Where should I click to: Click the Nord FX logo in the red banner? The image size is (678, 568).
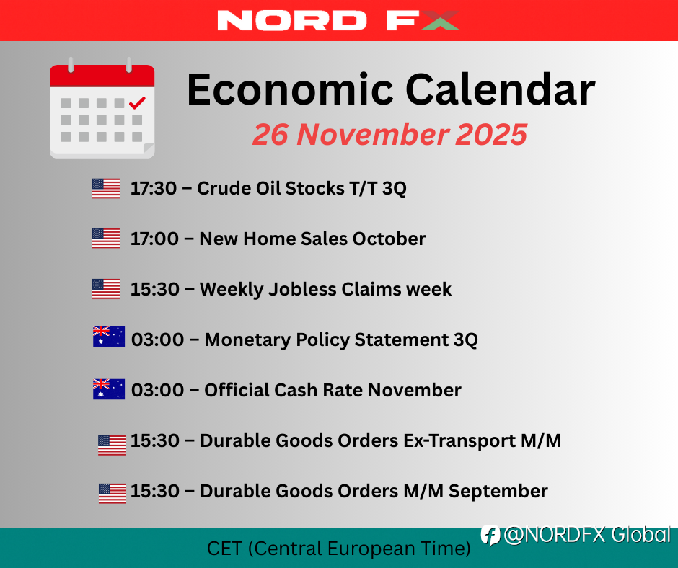(x=338, y=20)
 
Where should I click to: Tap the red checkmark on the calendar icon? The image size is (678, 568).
(x=137, y=103)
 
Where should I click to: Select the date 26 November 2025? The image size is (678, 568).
(x=389, y=135)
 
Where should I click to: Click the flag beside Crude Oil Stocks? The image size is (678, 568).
(x=106, y=188)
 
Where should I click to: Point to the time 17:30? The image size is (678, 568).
(x=154, y=188)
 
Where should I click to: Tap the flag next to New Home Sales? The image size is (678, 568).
(x=106, y=239)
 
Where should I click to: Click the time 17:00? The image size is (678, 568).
(x=154, y=239)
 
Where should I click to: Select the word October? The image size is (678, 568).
(x=389, y=239)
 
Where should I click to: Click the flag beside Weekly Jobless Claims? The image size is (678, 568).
(x=106, y=289)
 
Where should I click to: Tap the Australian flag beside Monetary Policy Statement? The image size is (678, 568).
(x=109, y=337)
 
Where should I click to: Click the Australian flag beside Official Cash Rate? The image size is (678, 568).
(x=109, y=389)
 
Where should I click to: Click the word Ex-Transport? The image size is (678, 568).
(x=459, y=440)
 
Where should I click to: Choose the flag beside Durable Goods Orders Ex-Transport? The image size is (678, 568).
(x=112, y=445)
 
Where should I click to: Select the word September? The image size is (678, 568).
(x=498, y=492)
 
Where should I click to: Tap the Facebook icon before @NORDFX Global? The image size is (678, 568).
(x=490, y=536)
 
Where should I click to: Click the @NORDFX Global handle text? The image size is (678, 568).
(x=587, y=535)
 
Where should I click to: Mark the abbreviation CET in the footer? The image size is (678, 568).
(x=224, y=549)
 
